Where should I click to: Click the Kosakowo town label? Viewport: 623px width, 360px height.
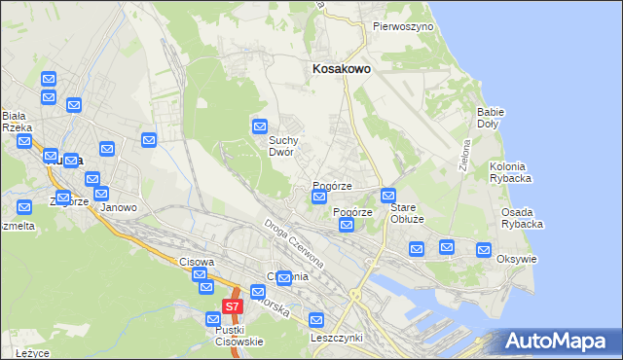[340, 69]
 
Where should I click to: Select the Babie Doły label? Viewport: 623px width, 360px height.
[490, 118]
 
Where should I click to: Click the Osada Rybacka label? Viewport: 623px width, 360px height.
[522, 218]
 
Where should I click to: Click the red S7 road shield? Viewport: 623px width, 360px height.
[231, 306]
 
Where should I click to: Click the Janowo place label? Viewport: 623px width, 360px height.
[118, 207]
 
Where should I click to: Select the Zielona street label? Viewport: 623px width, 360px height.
[465, 154]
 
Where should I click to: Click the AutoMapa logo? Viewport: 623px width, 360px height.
[558, 342]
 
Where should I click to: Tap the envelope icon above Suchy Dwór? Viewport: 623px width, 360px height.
[260, 126]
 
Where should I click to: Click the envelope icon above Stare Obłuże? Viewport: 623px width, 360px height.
[388, 195]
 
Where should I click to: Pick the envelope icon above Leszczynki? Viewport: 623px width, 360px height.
[316, 319]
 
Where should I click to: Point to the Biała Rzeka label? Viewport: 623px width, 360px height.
[18, 121]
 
